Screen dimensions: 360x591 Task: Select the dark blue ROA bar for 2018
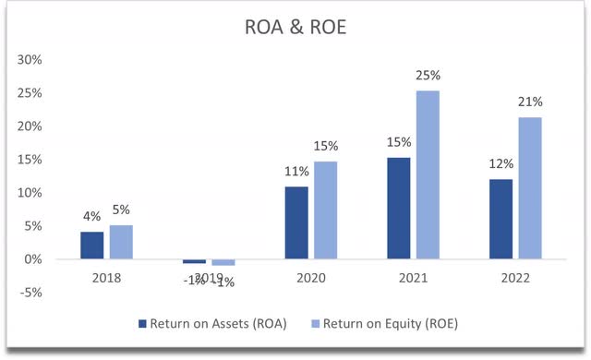(91, 246)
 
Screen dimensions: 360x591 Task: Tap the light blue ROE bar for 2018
(121, 242)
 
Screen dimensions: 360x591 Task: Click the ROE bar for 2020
(326, 210)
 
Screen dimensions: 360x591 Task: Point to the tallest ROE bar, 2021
(428, 174)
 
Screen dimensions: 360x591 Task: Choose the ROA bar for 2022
(501, 219)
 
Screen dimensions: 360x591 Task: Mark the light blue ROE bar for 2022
(530, 188)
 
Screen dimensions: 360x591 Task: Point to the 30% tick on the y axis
(30, 59)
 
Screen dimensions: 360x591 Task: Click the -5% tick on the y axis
(30, 293)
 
